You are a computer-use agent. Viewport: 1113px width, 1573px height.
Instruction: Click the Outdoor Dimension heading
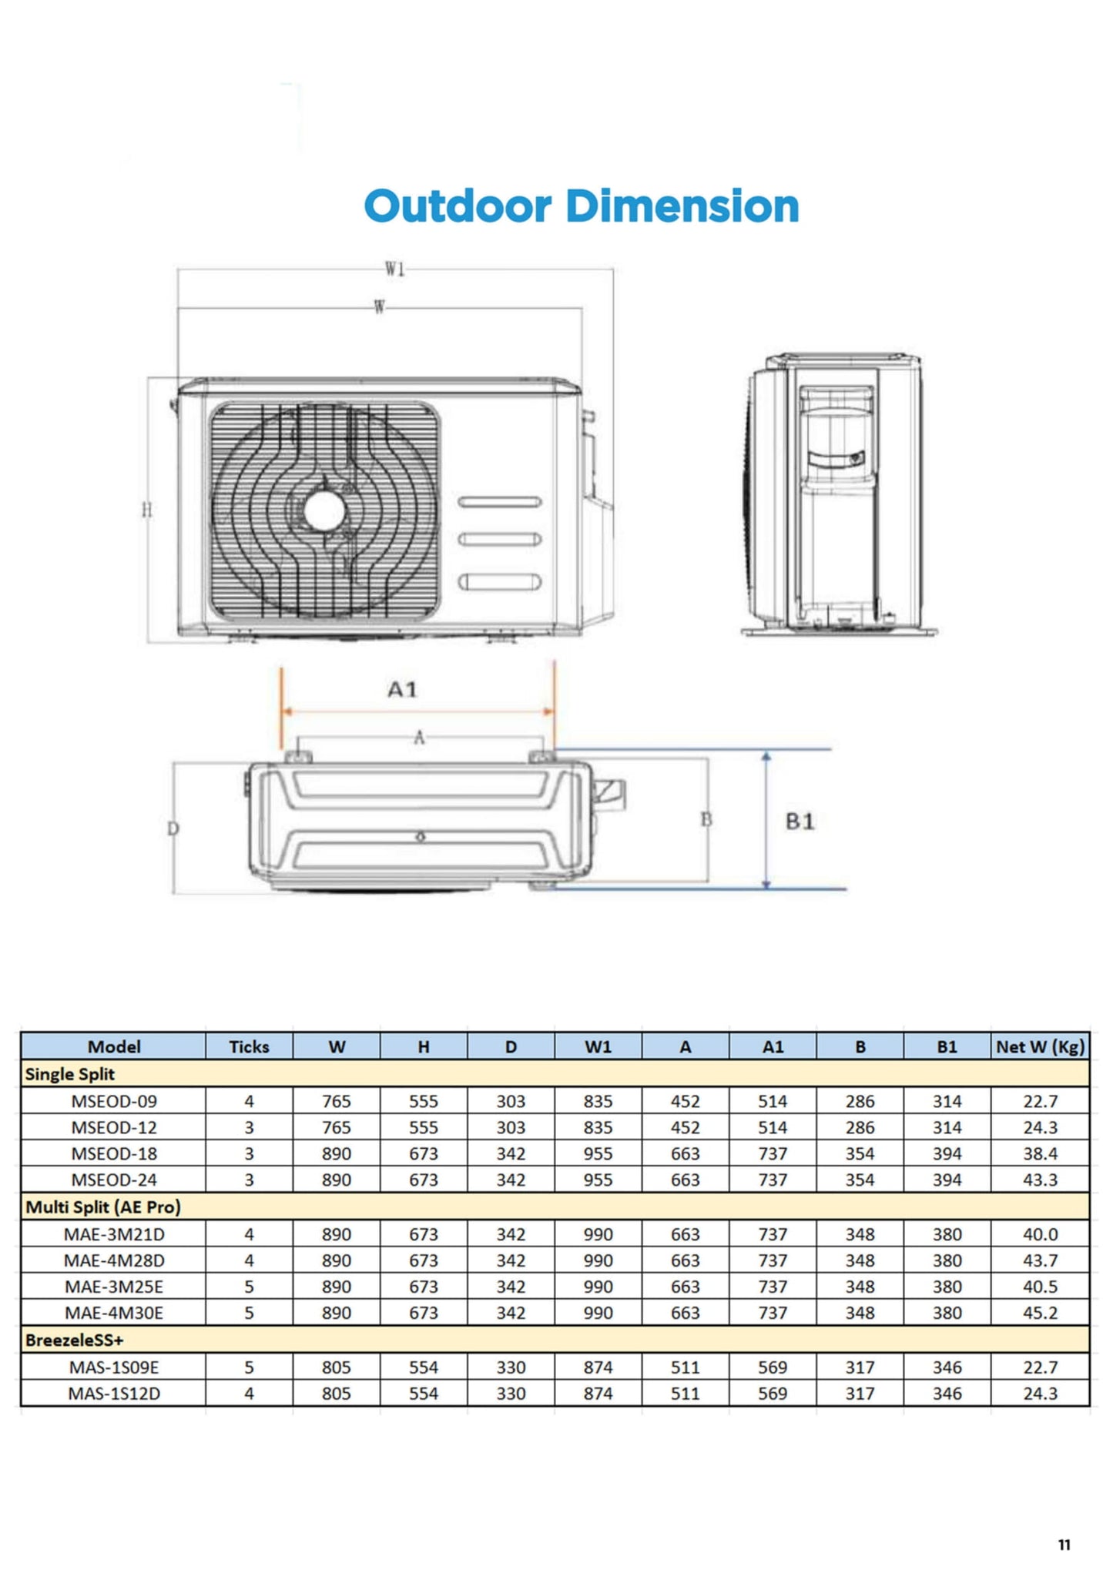[x=581, y=206]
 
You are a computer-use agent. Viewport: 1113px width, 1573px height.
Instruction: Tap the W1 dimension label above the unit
[x=394, y=269]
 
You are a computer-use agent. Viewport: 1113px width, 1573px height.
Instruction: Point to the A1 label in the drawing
[x=402, y=689]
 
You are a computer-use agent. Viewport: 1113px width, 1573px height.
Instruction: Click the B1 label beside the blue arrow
[x=800, y=822]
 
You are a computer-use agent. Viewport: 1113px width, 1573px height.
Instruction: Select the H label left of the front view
[x=147, y=510]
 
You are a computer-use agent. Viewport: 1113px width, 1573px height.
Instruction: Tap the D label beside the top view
[x=173, y=828]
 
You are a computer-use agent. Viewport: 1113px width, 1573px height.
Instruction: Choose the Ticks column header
[x=249, y=1046]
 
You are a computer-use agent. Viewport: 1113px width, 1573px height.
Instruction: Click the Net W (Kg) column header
[x=1040, y=1046]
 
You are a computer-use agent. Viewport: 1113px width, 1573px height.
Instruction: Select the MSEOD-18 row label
[x=114, y=1153]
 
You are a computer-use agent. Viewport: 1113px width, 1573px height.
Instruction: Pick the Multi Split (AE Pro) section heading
[x=103, y=1207]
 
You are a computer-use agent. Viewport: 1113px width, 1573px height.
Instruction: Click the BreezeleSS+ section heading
[x=74, y=1340]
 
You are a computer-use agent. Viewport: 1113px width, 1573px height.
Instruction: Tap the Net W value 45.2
[x=1040, y=1313]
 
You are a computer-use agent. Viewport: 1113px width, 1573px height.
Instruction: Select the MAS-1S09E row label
[x=114, y=1367]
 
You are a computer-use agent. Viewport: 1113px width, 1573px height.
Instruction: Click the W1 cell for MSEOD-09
[x=598, y=1101]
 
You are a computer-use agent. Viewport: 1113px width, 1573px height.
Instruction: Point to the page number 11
[x=1064, y=1545]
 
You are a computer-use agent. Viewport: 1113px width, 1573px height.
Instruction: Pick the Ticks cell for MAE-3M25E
[x=249, y=1287]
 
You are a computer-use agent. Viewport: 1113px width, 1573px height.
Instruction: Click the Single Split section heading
[x=69, y=1074]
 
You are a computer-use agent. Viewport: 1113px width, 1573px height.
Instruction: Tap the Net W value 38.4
[x=1040, y=1153]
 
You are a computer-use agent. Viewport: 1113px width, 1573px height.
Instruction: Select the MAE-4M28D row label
[x=114, y=1260]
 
